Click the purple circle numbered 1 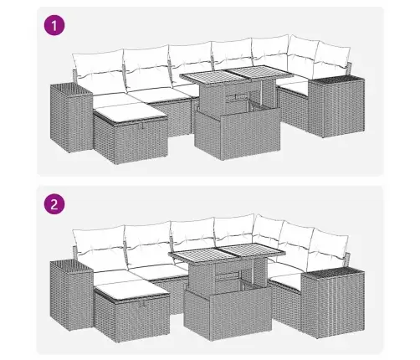[54, 25]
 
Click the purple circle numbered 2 [54, 204]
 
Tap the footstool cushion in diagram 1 [130, 113]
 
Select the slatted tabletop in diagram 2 [228, 253]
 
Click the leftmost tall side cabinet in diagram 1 [71, 117]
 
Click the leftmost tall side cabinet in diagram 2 [71, 296]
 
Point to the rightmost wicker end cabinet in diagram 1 [336, 106]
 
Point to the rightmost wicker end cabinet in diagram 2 [333, 303]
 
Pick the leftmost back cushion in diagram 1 [98, 65]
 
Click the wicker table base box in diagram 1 [237, 133]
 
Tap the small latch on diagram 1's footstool [142, 126]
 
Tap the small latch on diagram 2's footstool [144, 304]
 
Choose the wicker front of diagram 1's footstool [141, 142]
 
